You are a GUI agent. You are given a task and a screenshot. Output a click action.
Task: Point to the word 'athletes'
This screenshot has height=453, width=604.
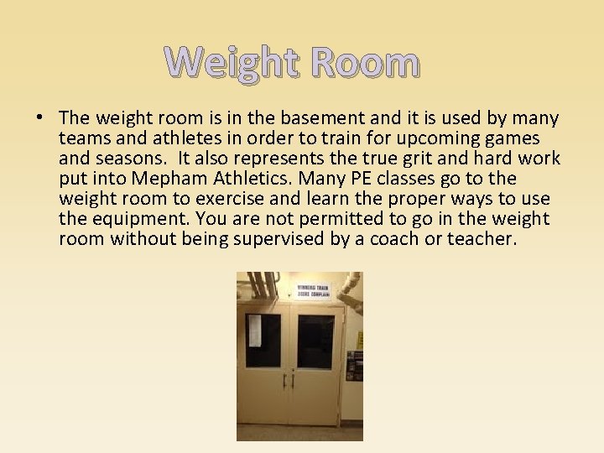[179, 138]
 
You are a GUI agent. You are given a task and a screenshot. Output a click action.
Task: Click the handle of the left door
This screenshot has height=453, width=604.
[284, 380]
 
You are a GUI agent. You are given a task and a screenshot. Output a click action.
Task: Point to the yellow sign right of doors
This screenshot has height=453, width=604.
[360, 340]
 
